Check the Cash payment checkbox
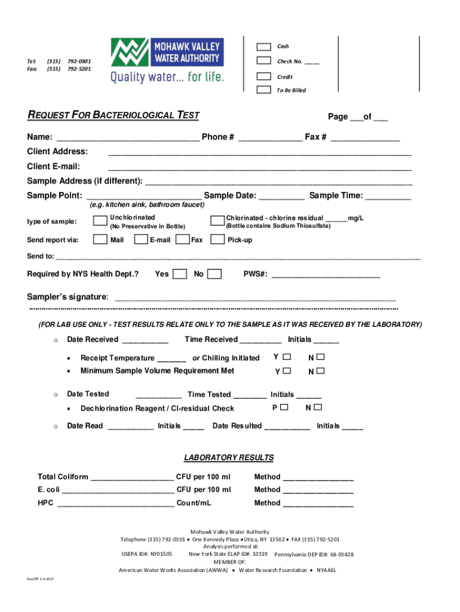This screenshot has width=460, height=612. tap(263, 47)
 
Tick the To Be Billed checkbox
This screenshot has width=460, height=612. tap(263, 90)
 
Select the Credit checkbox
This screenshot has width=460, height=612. tap(263, 76)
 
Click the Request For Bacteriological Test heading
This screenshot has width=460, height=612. tap(114, 115)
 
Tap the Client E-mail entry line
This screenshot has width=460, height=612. tap(259, 167)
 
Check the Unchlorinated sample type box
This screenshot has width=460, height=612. tap(100, 221)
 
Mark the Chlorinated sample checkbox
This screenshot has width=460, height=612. tap(217, 221)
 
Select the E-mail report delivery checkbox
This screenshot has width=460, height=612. tap(141, 240)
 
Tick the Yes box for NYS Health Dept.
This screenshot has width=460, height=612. tap(179, 274)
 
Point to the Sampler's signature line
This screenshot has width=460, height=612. tap(254, 298)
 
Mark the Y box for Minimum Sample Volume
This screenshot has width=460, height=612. tap(287, 371)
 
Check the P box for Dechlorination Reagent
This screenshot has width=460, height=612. tap(284, 408)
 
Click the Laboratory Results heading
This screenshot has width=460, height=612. tap(229, 458)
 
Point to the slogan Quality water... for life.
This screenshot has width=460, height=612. tap(166, 76)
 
